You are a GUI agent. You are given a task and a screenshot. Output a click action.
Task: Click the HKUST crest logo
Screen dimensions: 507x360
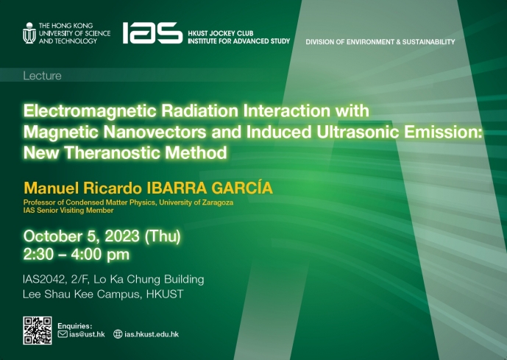click(29, 32)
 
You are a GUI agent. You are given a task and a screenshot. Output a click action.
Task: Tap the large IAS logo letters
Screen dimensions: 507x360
click(152, 32)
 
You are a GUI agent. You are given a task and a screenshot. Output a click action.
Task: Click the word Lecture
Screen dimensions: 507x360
click(43, 76)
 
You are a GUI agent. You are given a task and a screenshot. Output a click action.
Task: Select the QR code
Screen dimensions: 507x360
click(38, 331)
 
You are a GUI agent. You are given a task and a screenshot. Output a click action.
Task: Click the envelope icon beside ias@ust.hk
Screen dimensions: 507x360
click(63, 333)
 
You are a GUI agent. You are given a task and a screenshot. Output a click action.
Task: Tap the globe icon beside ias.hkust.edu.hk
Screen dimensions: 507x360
click(118, 333)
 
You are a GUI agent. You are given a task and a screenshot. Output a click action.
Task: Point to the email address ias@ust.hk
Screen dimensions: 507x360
click(87, 334)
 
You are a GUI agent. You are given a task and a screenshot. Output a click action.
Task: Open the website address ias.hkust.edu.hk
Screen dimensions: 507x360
click(152, 334)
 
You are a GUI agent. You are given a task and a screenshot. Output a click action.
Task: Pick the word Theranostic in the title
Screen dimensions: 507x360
click(113, 152)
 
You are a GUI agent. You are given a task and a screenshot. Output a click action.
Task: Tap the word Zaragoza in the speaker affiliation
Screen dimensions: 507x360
click(218, 202)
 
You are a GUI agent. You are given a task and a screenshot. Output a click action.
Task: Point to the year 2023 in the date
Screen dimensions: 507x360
click(122, 236)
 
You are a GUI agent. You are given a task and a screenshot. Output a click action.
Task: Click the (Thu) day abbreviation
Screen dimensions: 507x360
click(163, 236)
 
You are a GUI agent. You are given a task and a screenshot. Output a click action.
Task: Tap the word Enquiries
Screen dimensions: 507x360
click(75, 325)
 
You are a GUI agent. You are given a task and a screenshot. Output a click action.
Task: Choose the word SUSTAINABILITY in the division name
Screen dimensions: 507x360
click(428, 42)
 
